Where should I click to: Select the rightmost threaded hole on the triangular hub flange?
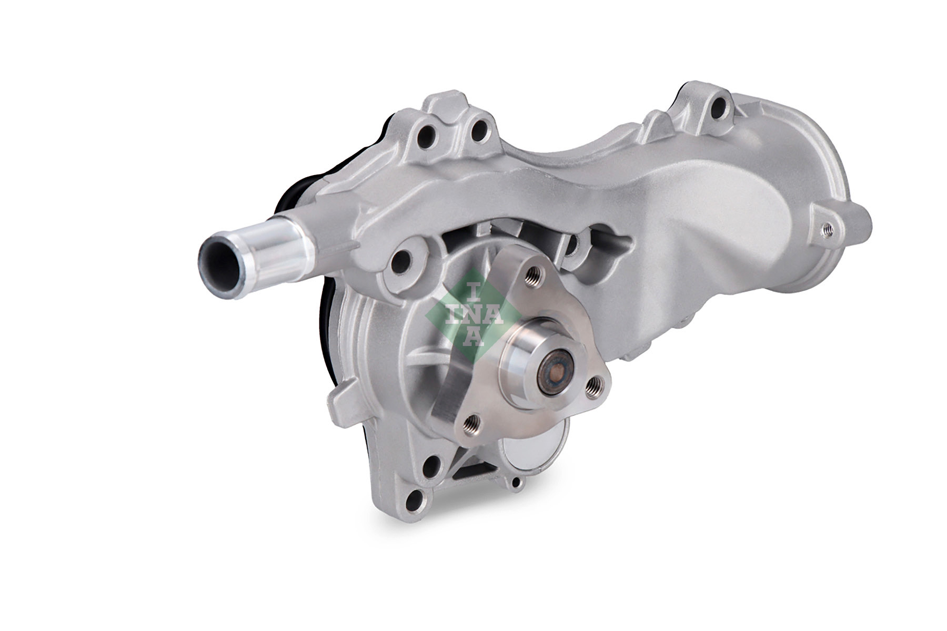(x=593, y=388)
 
